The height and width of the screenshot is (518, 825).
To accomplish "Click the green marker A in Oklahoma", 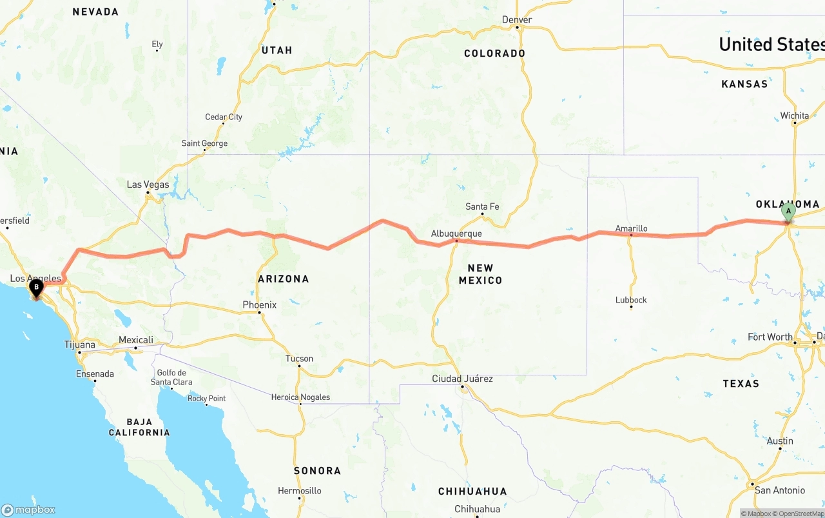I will click(788, 212).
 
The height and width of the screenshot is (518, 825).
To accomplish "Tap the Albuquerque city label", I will click(456, 234).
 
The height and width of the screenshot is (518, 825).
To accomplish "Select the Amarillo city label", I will click(631, 228).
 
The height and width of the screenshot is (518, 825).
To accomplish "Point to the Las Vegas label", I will click(148, 184).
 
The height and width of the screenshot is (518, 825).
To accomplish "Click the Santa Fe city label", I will click(482, 206).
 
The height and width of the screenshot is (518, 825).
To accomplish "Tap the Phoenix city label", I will click(259, 304).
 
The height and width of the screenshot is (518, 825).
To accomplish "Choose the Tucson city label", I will click(299, 359).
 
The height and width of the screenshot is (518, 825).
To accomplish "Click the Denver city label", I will click(517, 20).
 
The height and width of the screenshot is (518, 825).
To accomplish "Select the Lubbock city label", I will click(631, 300).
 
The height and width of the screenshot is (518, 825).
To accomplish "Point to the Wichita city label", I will click(794, 115).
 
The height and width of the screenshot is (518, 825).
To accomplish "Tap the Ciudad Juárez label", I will click(462, 379).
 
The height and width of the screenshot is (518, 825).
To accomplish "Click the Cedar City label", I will click(224, 117).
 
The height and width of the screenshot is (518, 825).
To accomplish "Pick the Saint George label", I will click(204, 143).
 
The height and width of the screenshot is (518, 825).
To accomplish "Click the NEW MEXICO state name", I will click(480, 274).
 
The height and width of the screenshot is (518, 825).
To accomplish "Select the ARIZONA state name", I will click(283, 279).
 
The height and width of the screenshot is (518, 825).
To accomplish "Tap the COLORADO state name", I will click(494, 53).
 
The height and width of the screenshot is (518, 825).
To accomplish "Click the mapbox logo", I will click(28, 510).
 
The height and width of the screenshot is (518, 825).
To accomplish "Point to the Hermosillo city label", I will click(299, 491).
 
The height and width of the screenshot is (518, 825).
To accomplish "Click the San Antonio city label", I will click(780, 490).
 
